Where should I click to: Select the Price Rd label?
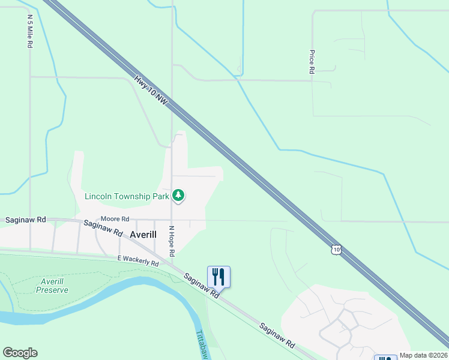coord(312,62)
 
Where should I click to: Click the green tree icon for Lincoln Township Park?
coord(178,196)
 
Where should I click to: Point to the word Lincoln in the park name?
coord(98,196)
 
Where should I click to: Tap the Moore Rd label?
coord(115,219)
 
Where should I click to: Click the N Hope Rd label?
coord(172,241)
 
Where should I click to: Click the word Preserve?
coord(52,290)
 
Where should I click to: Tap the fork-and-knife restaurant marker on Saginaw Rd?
coord(218,277)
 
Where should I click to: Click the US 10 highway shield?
coord(337,249)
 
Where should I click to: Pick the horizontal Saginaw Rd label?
coord(25,220)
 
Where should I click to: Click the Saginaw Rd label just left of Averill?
coord(103,229)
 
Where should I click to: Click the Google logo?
coord(20,353)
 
